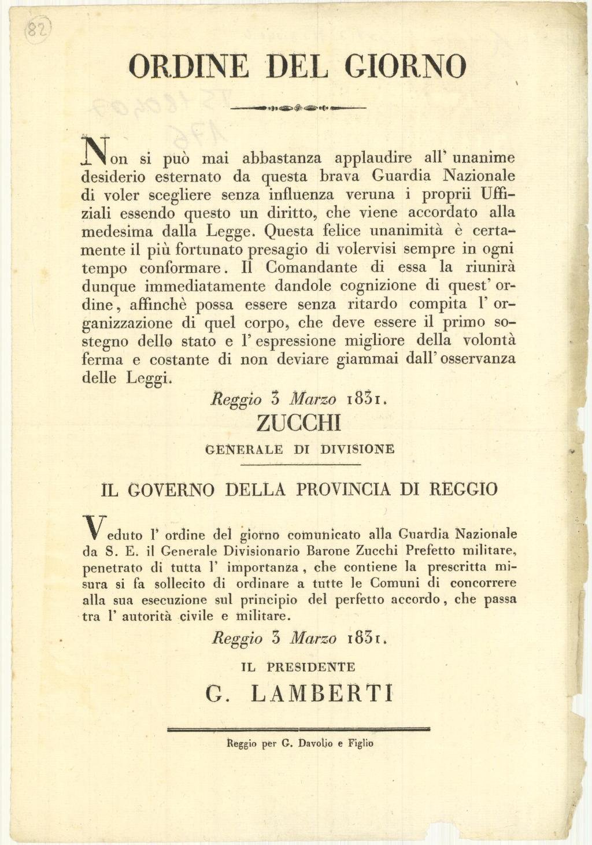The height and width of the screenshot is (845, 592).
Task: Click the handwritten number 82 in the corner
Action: tap(39, 28)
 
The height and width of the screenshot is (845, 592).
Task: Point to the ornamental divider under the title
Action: tap(298, 108)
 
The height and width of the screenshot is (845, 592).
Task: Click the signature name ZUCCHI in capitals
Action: tap(298, 424)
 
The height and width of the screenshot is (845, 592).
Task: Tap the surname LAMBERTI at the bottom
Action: tap(323, 694)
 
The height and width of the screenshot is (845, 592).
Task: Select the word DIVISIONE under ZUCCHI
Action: tap(357, 449)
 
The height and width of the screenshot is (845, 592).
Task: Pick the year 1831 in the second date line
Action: tap(367, 639)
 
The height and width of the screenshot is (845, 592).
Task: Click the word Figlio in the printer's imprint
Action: tap(360, 743)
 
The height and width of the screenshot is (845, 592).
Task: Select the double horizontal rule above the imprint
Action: tap(298, 729)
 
